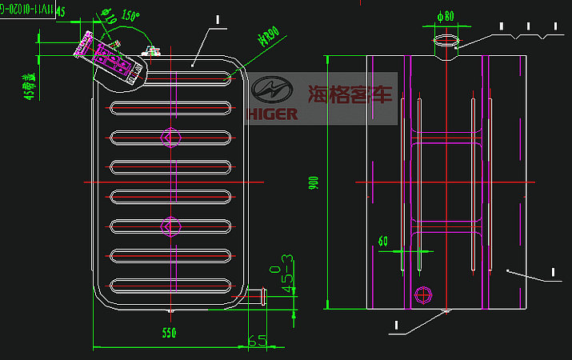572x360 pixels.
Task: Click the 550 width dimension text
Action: (x=169, y=333)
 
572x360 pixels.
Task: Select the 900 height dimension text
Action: (x=314, y=183)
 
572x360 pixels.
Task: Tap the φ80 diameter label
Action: (x=446, y=15)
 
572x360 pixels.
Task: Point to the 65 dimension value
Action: (x=257, y=341)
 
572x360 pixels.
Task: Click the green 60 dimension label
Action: (x=382, y=241)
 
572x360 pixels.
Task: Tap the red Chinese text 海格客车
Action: (x=352, y=94)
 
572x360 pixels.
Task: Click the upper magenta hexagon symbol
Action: (x=168, y=138)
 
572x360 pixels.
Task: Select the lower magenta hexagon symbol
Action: (x=168, y=227)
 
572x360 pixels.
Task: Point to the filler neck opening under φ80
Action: (x=446, y=38)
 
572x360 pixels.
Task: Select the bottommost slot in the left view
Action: (x=171, y=284)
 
